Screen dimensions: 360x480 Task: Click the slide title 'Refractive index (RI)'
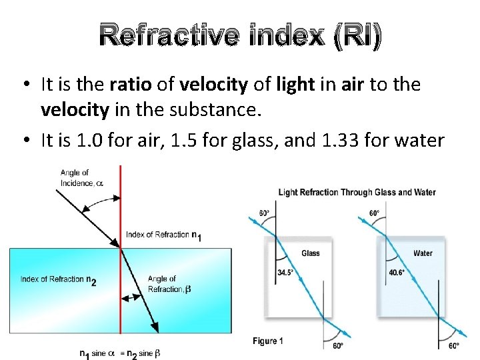[240, 37]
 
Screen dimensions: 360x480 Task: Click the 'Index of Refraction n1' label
[163, 235]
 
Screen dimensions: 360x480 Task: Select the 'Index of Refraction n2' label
[59, 280]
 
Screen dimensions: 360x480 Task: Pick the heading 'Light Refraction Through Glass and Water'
[357, 193]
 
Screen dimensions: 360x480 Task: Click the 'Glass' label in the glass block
[311, 253]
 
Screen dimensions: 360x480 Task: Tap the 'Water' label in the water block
[423, 253]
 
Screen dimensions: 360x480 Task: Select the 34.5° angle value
[286, 273]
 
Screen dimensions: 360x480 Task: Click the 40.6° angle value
[397, 273]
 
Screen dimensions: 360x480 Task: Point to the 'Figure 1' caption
[268, 341]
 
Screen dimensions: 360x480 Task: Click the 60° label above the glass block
[265, 214]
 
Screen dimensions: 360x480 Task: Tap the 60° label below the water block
[454, 345]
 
